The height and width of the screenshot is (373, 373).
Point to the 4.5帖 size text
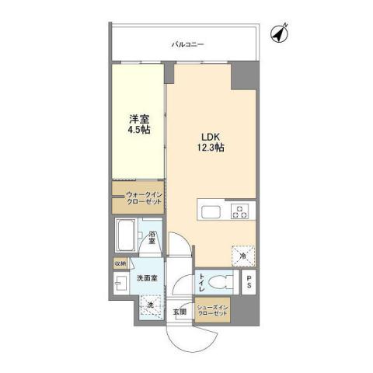pos(140,130)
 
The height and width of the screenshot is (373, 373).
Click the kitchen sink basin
pos(211,212)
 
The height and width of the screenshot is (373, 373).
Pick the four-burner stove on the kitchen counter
pos(239,211)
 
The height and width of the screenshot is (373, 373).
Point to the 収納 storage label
pos(120,263)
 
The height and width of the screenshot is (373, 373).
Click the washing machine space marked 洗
pos(151,305)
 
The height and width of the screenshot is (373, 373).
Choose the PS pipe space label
pos(249,283)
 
